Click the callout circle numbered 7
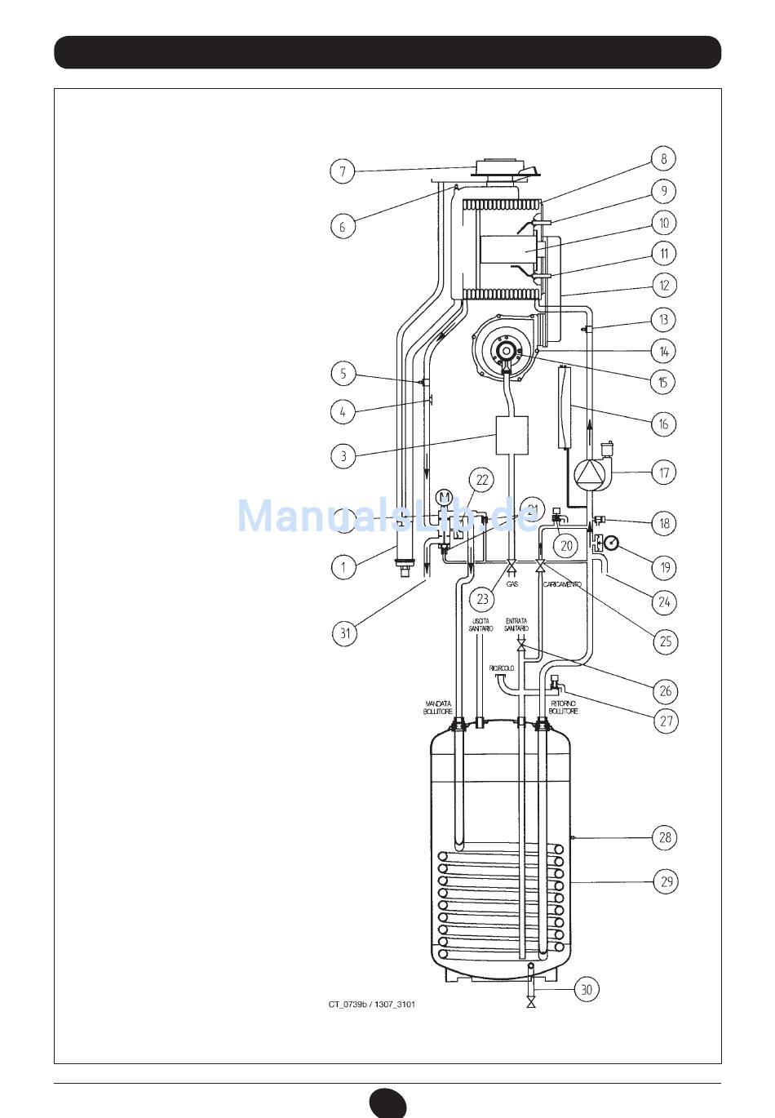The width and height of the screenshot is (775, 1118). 343,171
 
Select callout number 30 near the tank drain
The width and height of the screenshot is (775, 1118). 586,989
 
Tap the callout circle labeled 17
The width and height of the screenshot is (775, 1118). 664,472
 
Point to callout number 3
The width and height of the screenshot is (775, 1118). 343,455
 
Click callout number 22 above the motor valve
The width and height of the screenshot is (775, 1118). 482,480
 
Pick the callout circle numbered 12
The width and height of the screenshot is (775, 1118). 664,286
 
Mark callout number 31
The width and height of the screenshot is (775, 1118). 345,633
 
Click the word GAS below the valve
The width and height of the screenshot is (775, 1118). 512,584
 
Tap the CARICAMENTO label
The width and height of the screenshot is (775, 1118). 562,584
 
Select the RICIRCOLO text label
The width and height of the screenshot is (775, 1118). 502,668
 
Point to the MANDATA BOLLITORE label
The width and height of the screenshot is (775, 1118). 438,707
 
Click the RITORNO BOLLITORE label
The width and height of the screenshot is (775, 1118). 564,707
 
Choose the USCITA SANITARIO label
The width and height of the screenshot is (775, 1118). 481,624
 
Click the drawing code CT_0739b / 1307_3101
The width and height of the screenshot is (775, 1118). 372,1004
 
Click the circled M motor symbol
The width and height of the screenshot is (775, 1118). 445,497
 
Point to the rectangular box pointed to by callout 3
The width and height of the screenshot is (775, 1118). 512,434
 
